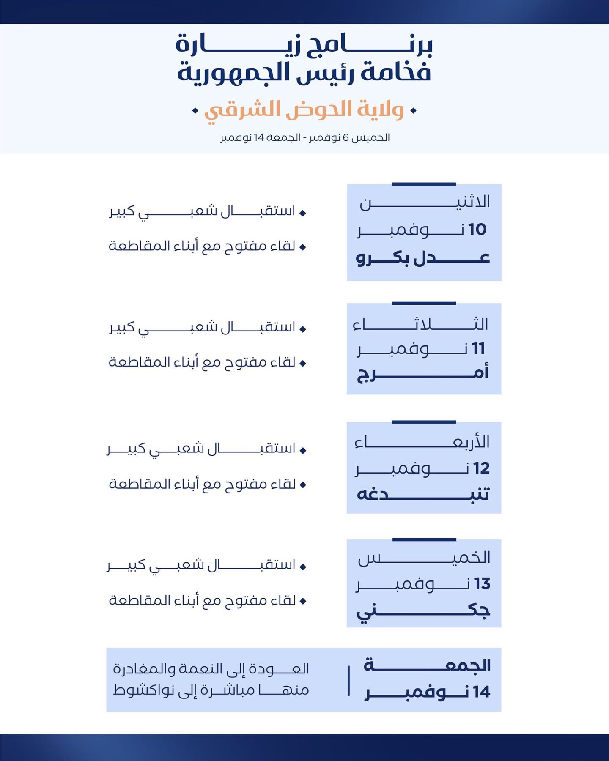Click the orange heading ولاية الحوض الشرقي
coord(304,110)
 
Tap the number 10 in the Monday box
coord(477,230)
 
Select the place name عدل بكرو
coord(423,257)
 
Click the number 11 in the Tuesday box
coord(478,349)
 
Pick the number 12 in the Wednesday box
coord(481,468)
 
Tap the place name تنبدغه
coord(423,494)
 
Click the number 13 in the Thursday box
coord(482,584)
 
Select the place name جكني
coord(423,610)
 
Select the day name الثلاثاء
coord(421,324)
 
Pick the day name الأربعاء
coord(422,442)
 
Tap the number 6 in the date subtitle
coord(346,138)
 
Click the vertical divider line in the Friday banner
coord(348,680)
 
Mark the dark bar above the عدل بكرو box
coord(424,184)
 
